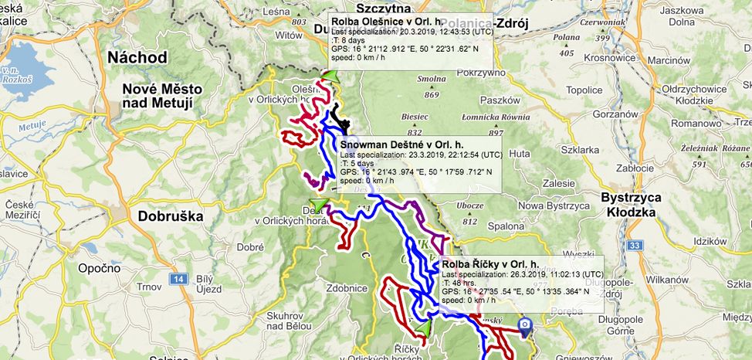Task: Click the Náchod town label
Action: tap(137, 58)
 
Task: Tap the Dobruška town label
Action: tap(171, 216)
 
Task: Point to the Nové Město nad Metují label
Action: tap(162, 96)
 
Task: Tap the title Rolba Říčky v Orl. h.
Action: tap(490, 264)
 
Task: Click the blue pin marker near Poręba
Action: tap(526, 326)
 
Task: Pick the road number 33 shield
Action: tap(635, 246)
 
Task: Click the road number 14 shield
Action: tap(179, 278)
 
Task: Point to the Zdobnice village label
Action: tap(347, 287)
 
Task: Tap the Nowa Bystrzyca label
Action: tap(553, 205)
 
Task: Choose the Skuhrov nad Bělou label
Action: tap(289, 322)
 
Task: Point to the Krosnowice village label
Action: tap(588, 58)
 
